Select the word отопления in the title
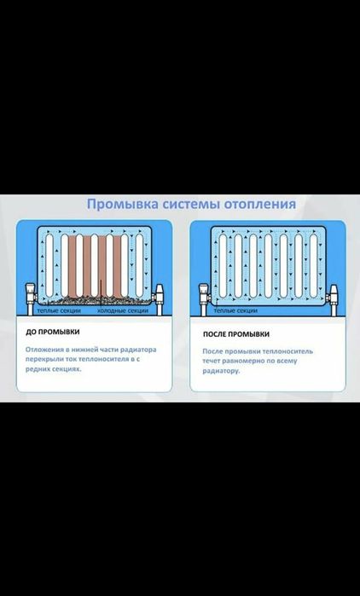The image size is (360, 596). [x=263, y=205]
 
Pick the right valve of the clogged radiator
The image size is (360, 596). [x=163, y=295]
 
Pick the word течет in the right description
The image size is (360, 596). [x=214, y=362]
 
